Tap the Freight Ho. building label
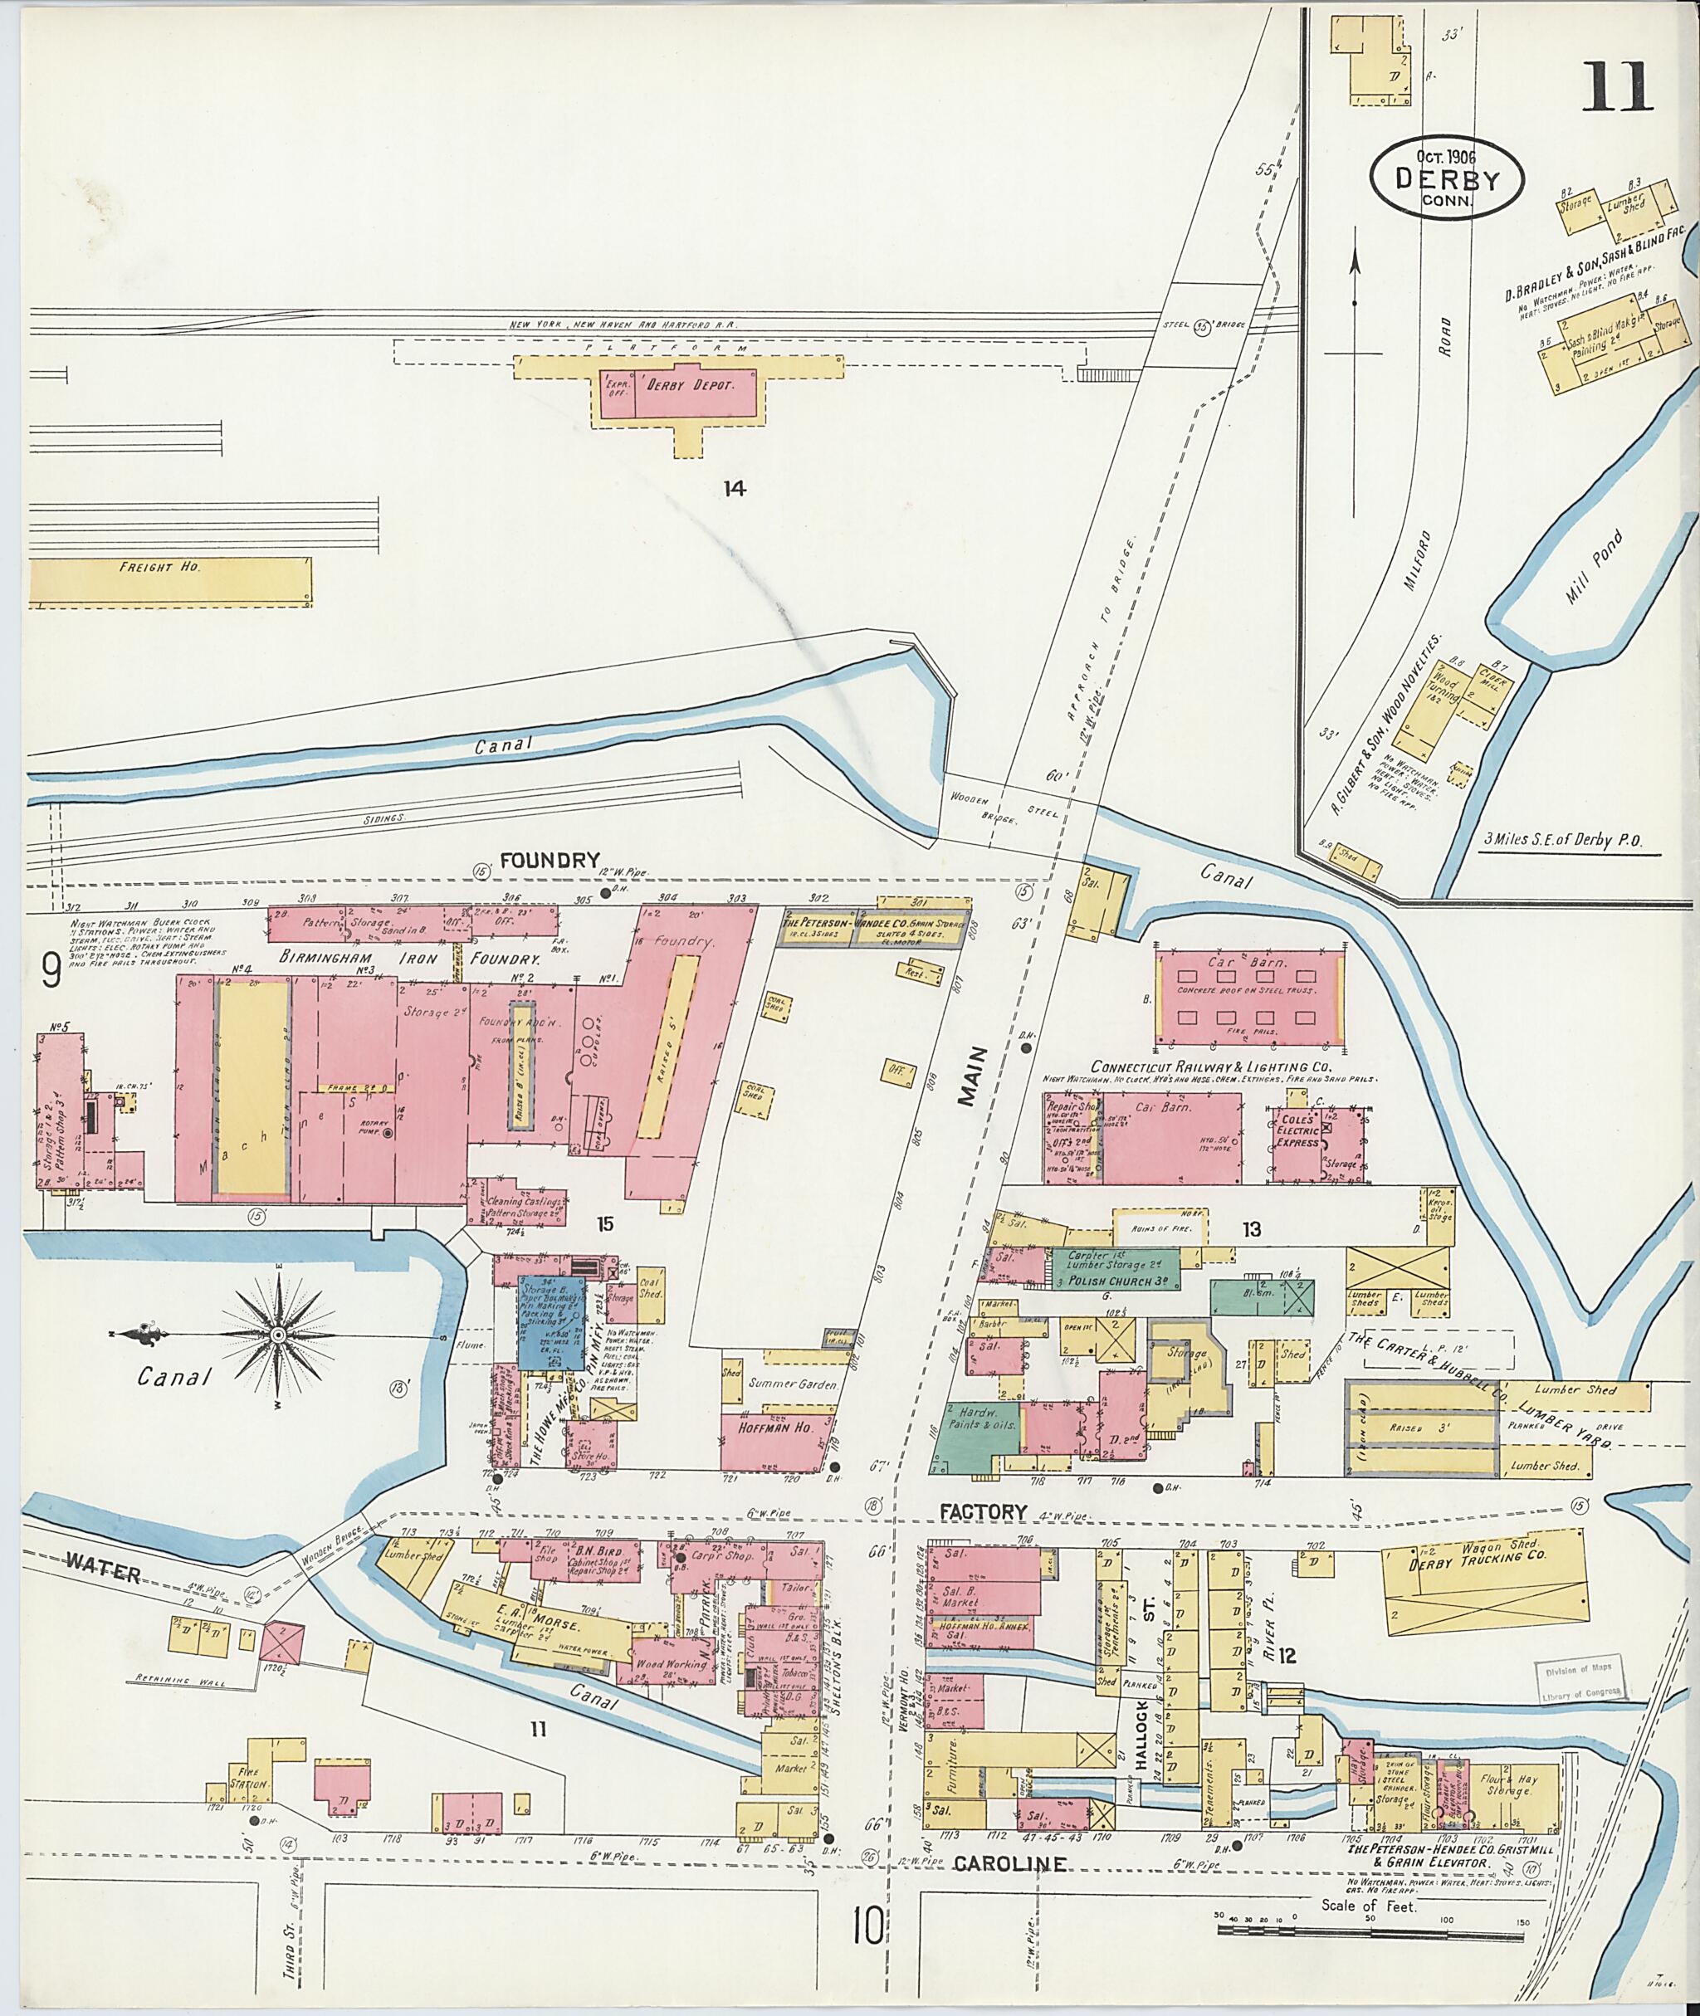(160, 568)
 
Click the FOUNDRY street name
(550, 861)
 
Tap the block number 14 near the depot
(735, 489)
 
